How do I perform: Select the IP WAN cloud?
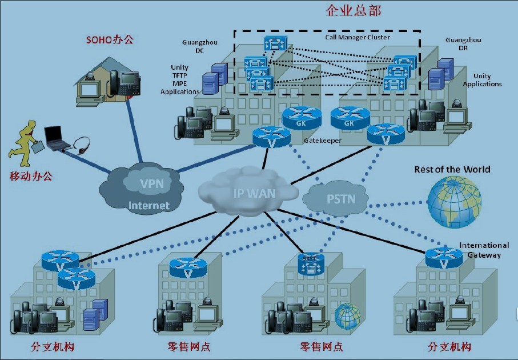(x=254, y=192)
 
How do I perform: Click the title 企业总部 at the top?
(x=354, y=10)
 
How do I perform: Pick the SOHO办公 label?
(x=110, y=39)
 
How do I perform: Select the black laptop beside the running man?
(x=56, y=136)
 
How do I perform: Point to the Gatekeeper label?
(x=322, y=140)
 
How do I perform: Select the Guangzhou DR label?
(x=463, y=44)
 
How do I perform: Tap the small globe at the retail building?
(x=348, y=316)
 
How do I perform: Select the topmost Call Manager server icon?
(x=275, y=43)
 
